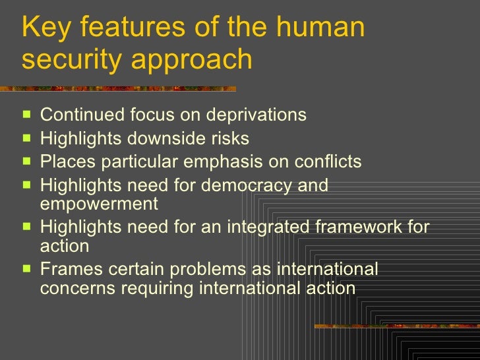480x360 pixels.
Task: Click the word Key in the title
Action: pos(42,28)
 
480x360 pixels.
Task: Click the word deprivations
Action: pos(256,115)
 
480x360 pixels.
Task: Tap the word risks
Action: pos(231,138)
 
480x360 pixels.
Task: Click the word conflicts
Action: pos(321,162)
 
